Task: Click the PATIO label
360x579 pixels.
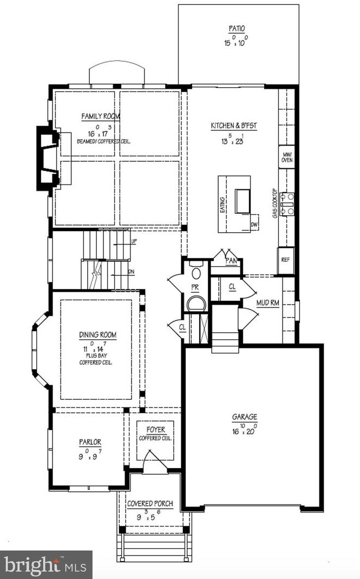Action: coord(238,29)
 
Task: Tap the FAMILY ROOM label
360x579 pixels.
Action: coord(101,116)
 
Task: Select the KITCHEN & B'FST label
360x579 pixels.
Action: coord(234,126)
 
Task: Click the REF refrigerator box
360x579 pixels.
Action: coord(285,259)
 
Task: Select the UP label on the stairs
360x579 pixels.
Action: coord(133,242)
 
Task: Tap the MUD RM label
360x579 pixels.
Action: coord(267,303)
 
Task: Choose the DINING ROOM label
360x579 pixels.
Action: coord(98,335)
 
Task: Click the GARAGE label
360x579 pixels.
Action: coord(245,417)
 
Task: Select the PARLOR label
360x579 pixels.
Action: coord(90,442)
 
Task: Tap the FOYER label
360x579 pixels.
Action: coord(156,430)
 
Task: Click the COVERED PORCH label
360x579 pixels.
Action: coord(150,504)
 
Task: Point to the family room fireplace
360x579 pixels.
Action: coord(48,157)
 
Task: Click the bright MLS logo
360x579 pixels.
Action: coord(45,564)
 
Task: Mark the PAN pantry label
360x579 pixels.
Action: coord(232,261)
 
